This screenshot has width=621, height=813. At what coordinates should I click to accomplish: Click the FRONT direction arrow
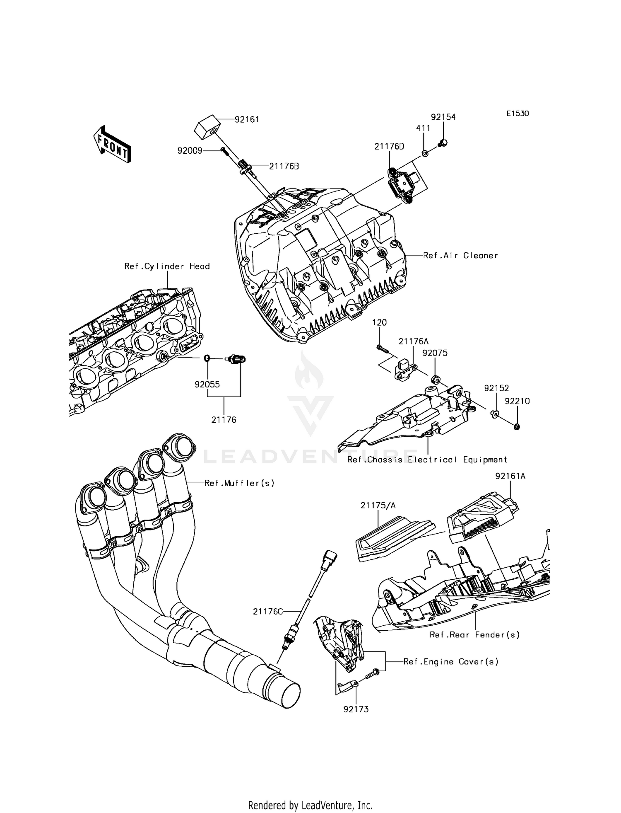coord(112,144)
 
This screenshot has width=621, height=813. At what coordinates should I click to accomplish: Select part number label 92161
coord(246,119)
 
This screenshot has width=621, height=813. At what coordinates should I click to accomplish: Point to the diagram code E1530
coord(517,114)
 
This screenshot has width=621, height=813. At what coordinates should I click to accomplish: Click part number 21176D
coord(389,146)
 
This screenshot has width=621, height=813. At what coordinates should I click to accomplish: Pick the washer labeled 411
coord(425,154)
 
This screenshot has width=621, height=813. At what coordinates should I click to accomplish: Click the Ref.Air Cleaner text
coord(460,256)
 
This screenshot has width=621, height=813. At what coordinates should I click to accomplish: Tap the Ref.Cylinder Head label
coord(167,266)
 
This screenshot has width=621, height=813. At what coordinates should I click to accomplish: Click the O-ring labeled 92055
coord(207,358)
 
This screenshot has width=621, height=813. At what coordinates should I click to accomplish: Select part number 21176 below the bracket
coord(224,420)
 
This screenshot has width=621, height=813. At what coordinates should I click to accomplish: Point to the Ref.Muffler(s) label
coord(239,483)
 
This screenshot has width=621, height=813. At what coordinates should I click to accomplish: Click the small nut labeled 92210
coord(517,426)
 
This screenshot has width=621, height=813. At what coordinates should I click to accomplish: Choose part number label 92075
coord(435,353)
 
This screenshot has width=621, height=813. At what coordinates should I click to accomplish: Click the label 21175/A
coord(378,505)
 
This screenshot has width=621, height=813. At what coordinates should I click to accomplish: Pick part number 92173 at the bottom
coord(356,709)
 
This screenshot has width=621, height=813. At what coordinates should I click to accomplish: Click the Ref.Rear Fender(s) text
coord(474,635)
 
